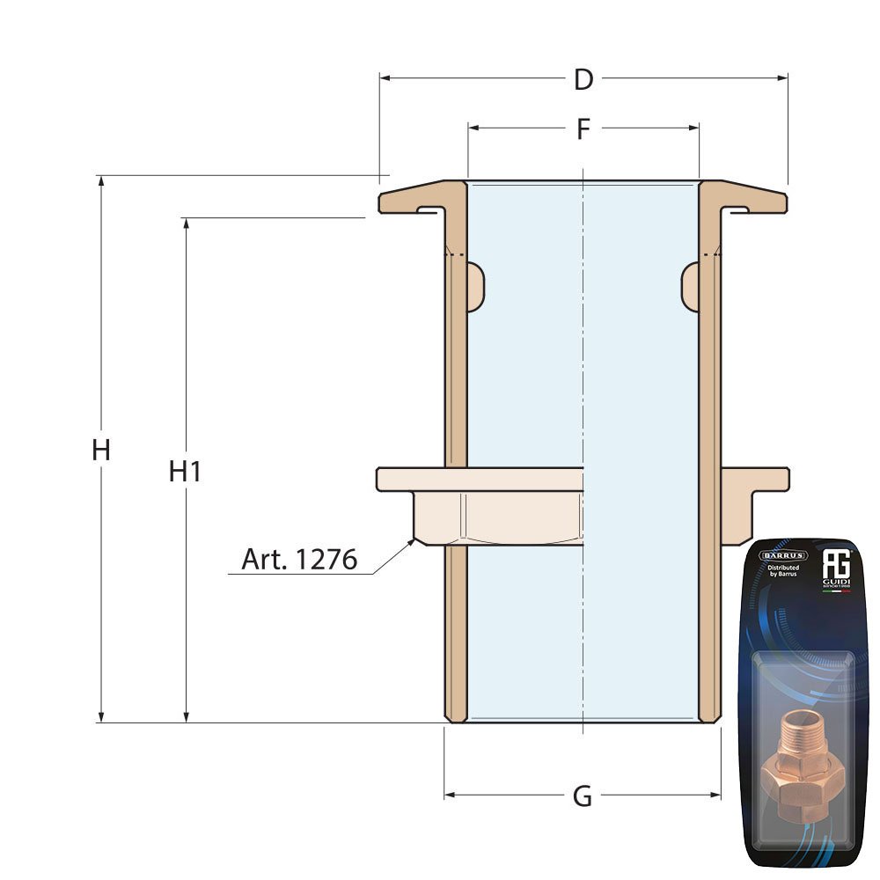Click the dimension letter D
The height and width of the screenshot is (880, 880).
[583, 79]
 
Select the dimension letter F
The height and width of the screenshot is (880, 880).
[583, 129]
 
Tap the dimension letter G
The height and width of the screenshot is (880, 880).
[583, 796]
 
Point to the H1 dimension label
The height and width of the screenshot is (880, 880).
[186, 472]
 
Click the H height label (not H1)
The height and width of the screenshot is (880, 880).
[101, 451]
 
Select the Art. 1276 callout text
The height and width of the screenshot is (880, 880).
[299, 560]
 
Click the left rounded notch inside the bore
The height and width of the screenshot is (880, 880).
[475, 286]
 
